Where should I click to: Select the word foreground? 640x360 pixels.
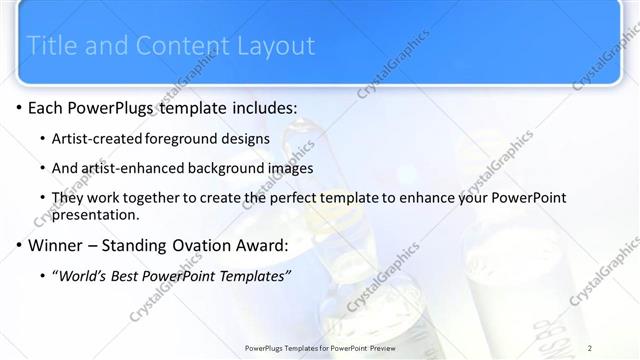(x=185, y=138)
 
